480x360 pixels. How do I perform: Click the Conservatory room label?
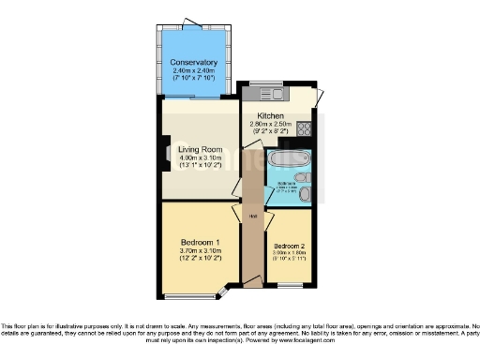pos(193,63)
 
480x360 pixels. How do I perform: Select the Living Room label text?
pos(199,148)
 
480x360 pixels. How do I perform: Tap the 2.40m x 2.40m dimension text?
pos(193,71)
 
